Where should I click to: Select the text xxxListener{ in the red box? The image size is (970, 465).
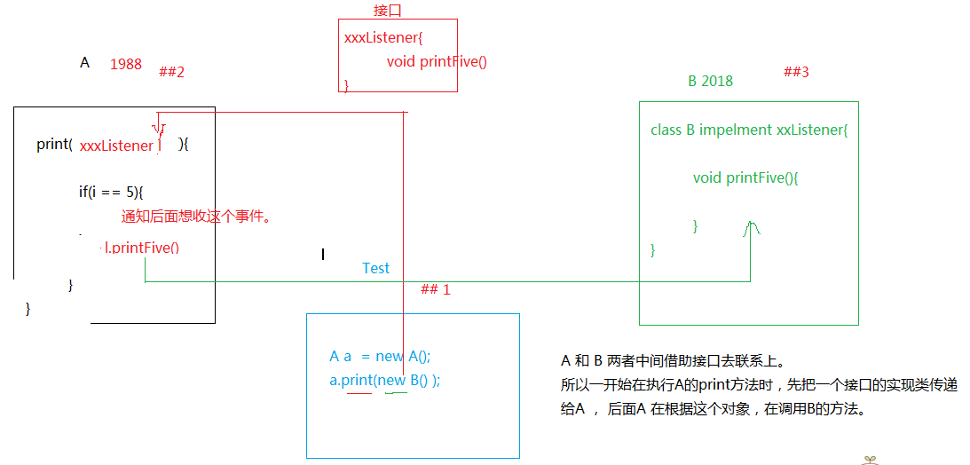pos(382,37)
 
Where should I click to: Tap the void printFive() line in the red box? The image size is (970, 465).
pos(437,62)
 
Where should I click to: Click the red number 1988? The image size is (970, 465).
pos(126,64)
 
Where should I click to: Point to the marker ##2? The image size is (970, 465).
pos(171,72)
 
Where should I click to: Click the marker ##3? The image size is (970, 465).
pos(796,72)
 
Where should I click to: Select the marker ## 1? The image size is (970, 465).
pos(436,289)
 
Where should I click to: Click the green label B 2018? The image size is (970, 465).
pos(710,81)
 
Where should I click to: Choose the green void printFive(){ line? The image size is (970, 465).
pos(746,178)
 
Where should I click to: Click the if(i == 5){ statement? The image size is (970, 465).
pos(111,193)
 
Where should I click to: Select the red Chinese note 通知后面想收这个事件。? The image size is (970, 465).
pos(196,217)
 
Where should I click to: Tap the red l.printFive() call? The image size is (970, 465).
pos(142,248)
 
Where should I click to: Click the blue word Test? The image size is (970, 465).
pos(376,268)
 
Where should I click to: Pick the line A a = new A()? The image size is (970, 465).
pos(380,356)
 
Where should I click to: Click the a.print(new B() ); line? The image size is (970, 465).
pos(384,381)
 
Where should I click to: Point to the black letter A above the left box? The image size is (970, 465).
pos(84,62)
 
